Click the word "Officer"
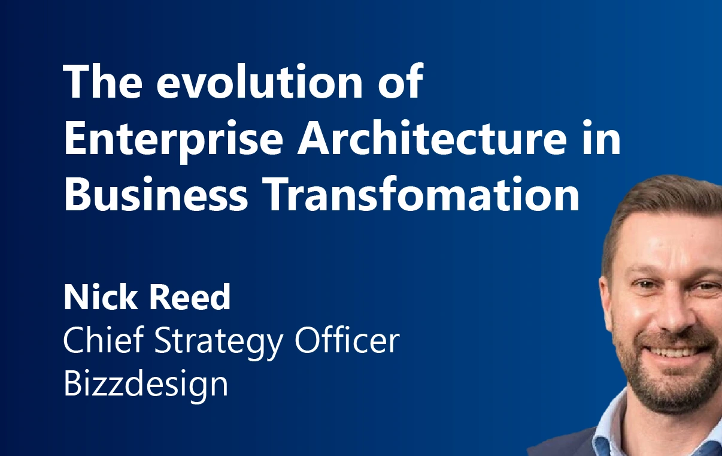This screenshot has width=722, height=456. (347, 341)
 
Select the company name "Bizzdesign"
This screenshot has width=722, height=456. (145, 384)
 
